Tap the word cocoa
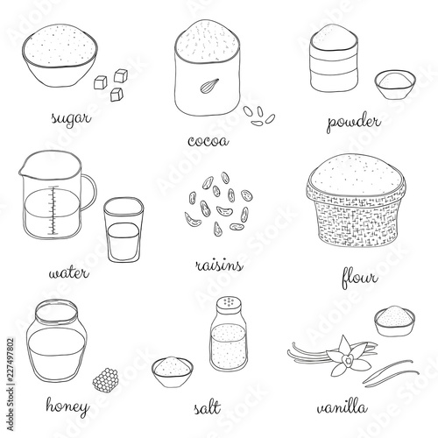[208, 141]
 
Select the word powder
[354, 122]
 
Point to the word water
[68, 273]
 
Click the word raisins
[219, 265]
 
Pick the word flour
[360, 277]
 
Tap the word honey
[67, 406]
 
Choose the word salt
[207, 406]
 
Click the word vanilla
[343, 407]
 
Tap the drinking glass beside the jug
[124, 230]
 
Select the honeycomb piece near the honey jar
[105, 378]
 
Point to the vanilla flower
[349, 356]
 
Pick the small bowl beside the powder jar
[395, 85]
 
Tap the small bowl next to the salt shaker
[173, 371]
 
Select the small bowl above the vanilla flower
[395, 321]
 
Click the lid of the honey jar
[56, 311]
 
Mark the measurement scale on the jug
[53, 210]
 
